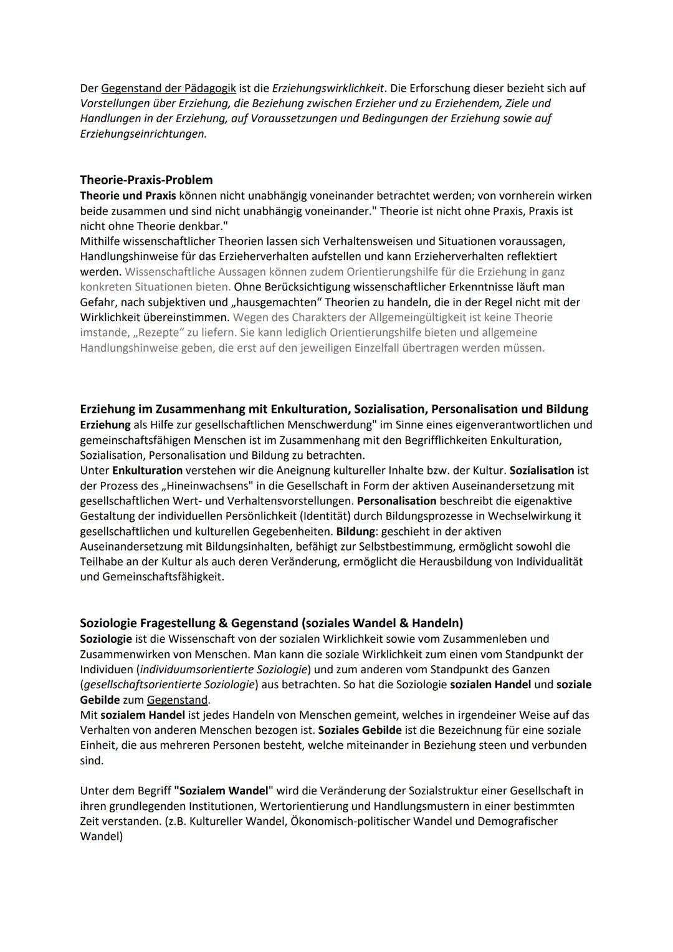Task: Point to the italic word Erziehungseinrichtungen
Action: pos(143,134)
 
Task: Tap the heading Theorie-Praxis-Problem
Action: pos(146,180)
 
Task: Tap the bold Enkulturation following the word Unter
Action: pos(147,471)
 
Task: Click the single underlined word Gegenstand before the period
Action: pos(177,700)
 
